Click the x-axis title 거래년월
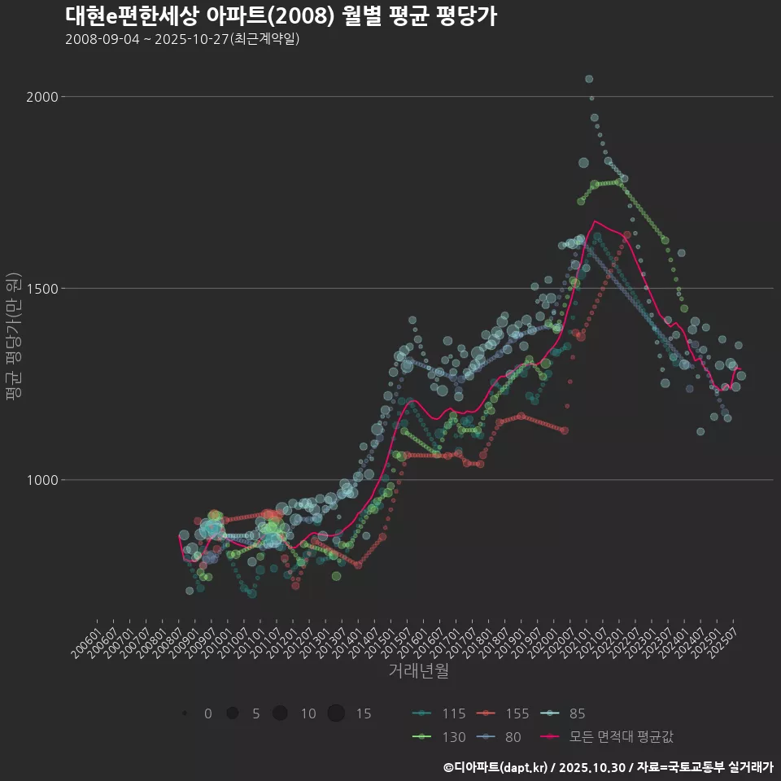(418, 671)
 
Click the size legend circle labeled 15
(337, 713)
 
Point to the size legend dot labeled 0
(185, 713)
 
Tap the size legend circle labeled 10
(281, 713)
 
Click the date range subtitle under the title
(182, 39)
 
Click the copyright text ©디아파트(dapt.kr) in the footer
(495, 767)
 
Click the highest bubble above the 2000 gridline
(589, 79)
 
